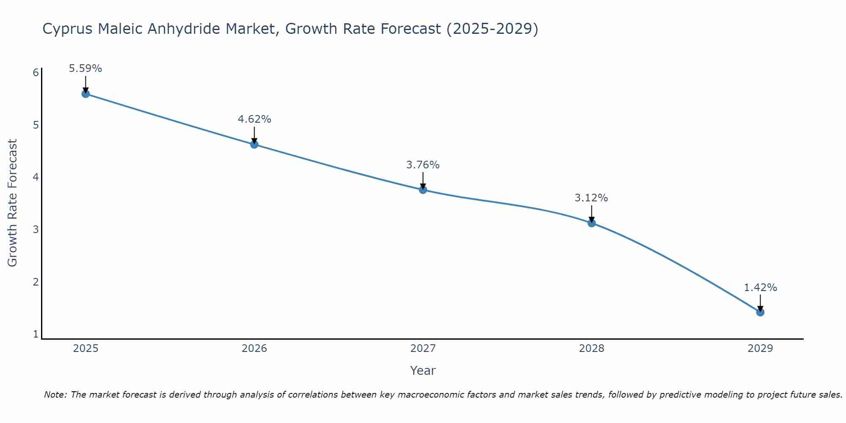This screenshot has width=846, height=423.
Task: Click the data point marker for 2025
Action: (x=85, y=94)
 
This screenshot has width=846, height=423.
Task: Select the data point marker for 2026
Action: (x=254, y=145)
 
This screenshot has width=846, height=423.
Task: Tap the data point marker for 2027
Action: (x=423, y=190)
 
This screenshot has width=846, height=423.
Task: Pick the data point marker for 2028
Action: (x=591, y=223)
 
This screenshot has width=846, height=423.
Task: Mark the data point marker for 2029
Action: (x=760, y=313)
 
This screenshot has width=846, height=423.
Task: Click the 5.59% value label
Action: (x=85, y=69)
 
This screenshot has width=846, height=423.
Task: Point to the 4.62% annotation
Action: (x=254, y=119)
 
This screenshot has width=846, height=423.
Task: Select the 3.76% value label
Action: (x=423, y=165)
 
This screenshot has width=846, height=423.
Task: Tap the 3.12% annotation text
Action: (x=591, y=198)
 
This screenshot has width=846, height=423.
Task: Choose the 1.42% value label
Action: (x=760, y=288)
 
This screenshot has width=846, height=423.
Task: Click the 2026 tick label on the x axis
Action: (x=254, y=349)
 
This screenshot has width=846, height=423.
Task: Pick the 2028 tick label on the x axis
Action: (x=591, y=349)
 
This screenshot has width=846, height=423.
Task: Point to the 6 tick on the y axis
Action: (x=36, y=73)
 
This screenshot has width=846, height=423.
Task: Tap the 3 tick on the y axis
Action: (x=36, y=230)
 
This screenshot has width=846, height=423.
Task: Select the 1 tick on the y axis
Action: (x=36, y=334)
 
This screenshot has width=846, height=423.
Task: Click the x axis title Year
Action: (x=423, y=371)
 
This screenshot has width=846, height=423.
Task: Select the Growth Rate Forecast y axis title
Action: (x=13, y=203)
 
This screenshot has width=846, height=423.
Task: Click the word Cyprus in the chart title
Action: (x=68, y=29)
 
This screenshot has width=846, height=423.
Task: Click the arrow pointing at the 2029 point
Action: (x=760, y=303)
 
